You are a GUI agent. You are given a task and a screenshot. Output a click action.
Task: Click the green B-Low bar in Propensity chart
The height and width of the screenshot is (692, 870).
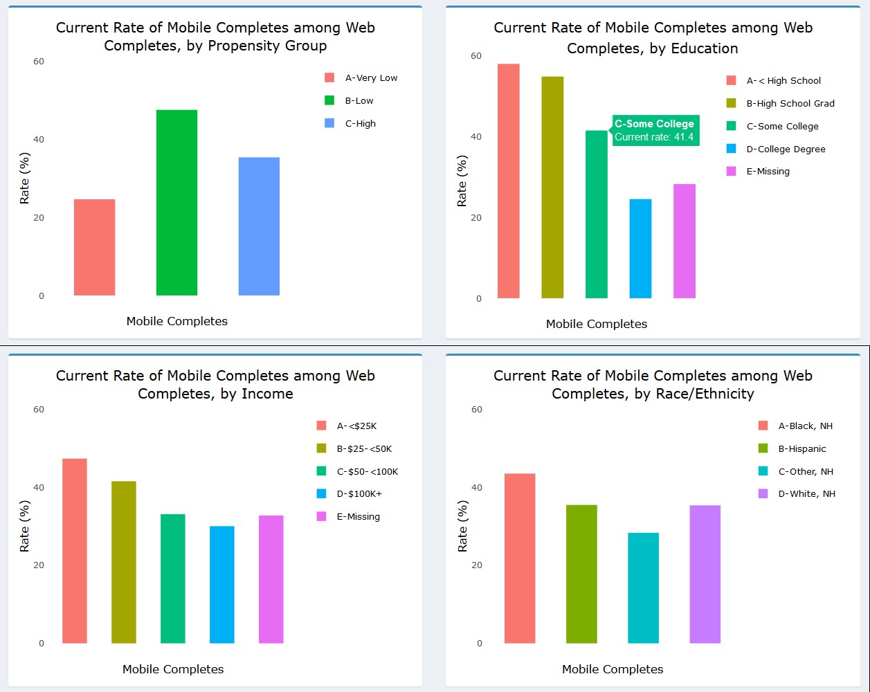click(x=176, y=202)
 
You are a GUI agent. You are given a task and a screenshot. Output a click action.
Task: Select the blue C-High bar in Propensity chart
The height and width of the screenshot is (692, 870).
click(x=259, y=226)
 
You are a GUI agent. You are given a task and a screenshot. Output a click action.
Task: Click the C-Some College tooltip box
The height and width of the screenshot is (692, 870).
click(x=655, y=130)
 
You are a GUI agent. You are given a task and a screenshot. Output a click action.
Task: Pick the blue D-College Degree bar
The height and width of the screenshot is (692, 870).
click(x=640, y=248)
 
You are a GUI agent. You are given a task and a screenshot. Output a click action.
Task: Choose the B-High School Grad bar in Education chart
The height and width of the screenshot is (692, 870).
click(x=552, y=187)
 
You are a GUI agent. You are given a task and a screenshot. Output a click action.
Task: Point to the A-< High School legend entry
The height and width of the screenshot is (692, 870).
click(x=774, y=81)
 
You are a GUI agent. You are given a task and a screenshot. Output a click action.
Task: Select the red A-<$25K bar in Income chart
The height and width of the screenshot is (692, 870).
click(x=75, y=551)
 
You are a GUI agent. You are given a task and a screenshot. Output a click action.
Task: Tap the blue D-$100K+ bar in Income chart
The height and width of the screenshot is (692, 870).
click(x=222, y=585)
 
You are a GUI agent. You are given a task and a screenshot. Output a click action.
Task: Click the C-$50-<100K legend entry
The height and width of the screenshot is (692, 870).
click(x=359, y=472)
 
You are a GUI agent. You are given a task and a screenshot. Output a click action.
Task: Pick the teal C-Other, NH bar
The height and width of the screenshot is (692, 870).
click(x=643, y=588)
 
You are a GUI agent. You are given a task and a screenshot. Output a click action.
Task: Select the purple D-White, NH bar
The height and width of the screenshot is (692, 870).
click(x=705, y=574)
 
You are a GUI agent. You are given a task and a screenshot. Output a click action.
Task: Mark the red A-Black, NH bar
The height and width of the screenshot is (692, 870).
click(x=520, y=558)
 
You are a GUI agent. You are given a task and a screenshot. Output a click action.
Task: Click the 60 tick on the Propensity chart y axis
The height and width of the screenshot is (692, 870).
click(x=38, y=62)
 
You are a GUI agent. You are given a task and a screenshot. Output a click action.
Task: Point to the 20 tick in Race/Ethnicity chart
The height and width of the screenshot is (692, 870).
click(x=476, y=565)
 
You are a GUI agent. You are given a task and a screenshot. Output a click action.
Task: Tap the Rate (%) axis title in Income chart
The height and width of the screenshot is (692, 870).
click(x=25, y=526)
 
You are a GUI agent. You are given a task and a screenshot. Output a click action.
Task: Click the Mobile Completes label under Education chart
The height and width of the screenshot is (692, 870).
click(x=597, y=324)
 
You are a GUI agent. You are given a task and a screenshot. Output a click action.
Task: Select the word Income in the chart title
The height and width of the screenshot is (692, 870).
click(x=266, y=394)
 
